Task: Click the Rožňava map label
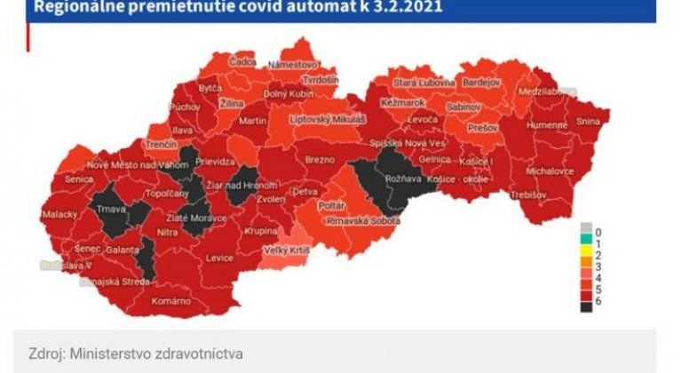coord(402,178)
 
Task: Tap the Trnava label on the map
coord(114,210)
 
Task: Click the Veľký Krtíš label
coord(287,251)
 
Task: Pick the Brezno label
coord(317,161)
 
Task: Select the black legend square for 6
coord(585,306)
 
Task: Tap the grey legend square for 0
coord(585,226)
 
